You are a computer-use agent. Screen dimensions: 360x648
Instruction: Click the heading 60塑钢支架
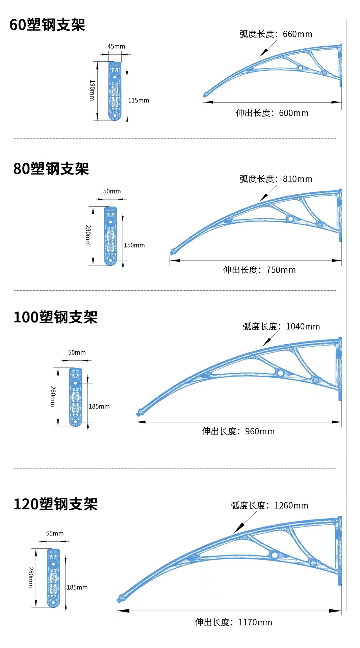pyautogui.click(x=47, y=25)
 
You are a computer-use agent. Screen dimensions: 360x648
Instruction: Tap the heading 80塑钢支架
pyautogui.click(x=51, y=169)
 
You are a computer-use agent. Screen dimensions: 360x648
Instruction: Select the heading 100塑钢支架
pyautogui.click(x=56, y=317)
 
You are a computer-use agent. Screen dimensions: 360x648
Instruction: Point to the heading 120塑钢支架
pyautogui.click(x=56, y=504)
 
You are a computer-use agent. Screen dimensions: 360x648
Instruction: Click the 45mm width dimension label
pyautogui.click(x=116, y=46)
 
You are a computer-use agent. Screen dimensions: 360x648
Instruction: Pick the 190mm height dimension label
pyautogui.click(x=92, y=90)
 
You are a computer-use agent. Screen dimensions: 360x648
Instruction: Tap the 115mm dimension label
pyautogui.click(x=138, y=100)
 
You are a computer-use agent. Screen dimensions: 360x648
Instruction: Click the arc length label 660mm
pyautogui.click(x=276, y=34)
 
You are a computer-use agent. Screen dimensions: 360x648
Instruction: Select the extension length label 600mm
pyautogui.click(x=272, y=113)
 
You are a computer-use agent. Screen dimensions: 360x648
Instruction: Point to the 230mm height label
pyautogui.click(x=88, y=235)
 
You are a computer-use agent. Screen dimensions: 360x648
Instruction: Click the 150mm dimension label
pyautogui.click(x=134, y=245)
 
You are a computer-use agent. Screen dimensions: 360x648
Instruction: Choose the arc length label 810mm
pyautogui.click(x=276, y=179)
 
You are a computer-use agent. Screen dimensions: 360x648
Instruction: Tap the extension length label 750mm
pyautogui.click(x=259, y=270)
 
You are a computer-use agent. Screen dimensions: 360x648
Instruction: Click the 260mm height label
pyautogui.click(x=53, y=396)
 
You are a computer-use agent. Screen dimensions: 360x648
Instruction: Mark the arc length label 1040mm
pyautogui.click(x=281, y=327)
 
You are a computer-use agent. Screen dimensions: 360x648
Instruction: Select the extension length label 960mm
pyautogui.click(x=238, y=431)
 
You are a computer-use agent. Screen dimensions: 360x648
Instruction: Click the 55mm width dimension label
pyautogui.click(x=55, y=533)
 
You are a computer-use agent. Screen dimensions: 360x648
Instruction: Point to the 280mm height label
pyautogui.click(x=31, y=577)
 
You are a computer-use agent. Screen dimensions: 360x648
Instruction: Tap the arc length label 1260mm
pyautogui.click(x=269, y=506)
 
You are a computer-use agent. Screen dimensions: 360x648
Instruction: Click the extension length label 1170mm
pyautogui.click(x=234, y=622)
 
